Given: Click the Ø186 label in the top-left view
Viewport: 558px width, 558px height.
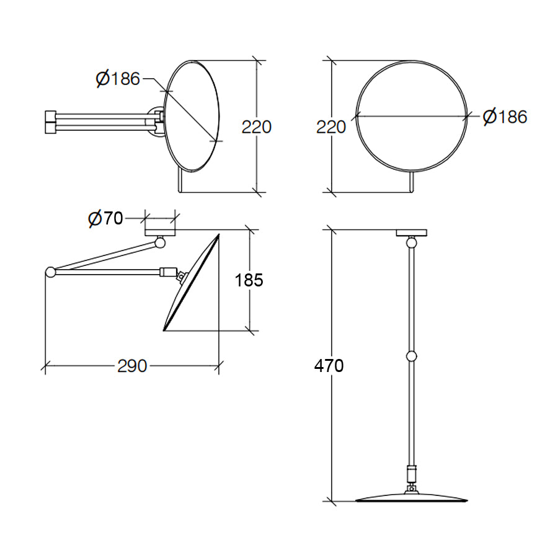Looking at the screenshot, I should (x=118, y=79).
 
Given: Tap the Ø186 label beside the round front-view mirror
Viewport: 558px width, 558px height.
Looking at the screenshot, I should (x=505, y=116).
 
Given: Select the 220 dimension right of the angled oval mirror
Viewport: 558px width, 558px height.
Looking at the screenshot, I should (x=256, y=126).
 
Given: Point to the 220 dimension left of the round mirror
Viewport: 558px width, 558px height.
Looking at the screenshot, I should (x=331, y=126).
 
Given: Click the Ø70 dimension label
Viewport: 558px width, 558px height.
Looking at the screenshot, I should (x=106, y=218).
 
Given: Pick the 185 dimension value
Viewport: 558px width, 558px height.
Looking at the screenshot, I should (x=249, y=280).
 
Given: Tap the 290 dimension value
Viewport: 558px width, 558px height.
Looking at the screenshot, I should (x=132, y=366).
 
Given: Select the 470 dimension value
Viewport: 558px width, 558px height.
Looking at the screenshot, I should (x=329, y=366).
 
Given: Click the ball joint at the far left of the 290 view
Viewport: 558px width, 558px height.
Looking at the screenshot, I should (x=50, y=272).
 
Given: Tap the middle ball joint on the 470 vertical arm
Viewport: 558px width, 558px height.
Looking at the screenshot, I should (x=410, y=356).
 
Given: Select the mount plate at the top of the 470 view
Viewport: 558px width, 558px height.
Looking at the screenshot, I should (x=410, y=232).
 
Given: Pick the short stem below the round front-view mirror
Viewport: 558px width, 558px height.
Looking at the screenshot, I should (x=412, y=182).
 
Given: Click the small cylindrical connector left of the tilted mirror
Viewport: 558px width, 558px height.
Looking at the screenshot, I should (x=167, y=272).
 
